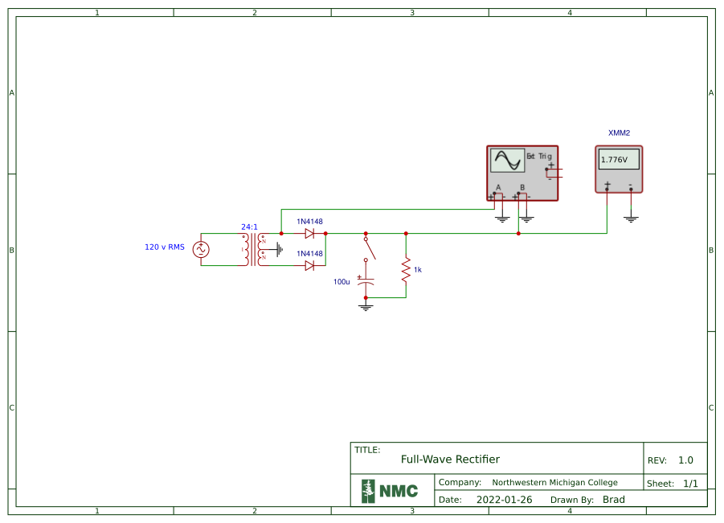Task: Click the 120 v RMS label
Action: click(165, 247)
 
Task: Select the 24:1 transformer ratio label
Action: click(249, 227)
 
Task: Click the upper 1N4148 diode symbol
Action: click(309, 234)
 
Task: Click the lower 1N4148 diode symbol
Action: click(309, 265)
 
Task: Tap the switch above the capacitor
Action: click(369, 248)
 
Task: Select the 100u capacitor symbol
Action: click(366, 282)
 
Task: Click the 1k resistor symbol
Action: click(406, 270)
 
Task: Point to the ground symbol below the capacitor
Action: click(366, 307)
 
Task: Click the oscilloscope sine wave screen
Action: click(507, 161)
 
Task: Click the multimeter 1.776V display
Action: click(618, 159)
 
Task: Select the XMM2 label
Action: click(619, 133)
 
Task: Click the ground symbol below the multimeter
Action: click(631, 218)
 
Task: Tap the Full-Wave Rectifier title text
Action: click(450, 460)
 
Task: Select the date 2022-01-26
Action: click(505, 500)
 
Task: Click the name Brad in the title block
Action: click(614, 500)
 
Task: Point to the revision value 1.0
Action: click(685, 460)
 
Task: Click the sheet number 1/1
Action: click(690, 484)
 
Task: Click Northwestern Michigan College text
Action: click(554, 483)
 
